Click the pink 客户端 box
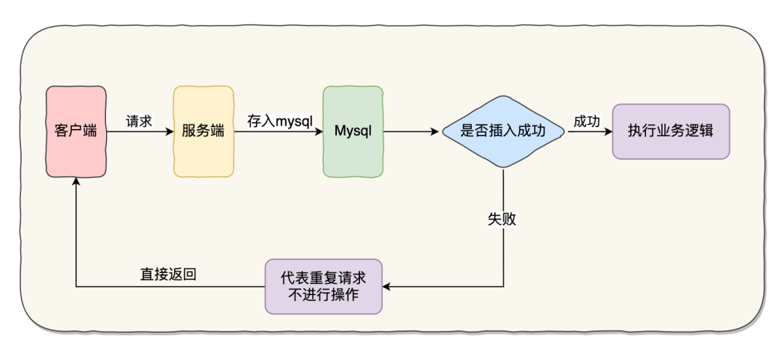pos(76,131)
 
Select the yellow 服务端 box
pos(204,131)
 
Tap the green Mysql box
pos(353,131)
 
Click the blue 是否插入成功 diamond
pos(503,131)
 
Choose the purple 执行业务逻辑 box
pos(671,131)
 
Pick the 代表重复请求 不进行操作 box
pos(323,287)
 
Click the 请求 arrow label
pos(139,121)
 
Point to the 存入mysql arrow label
pos(279,121)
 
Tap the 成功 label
pos(587,121)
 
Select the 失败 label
pos(502,218)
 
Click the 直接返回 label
pos(168,275)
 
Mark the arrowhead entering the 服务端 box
pos(169,132)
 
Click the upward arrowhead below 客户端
pos(76,181)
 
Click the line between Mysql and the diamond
pos(410,132)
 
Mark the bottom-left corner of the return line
pos(76,287)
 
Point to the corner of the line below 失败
pos(503,287)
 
